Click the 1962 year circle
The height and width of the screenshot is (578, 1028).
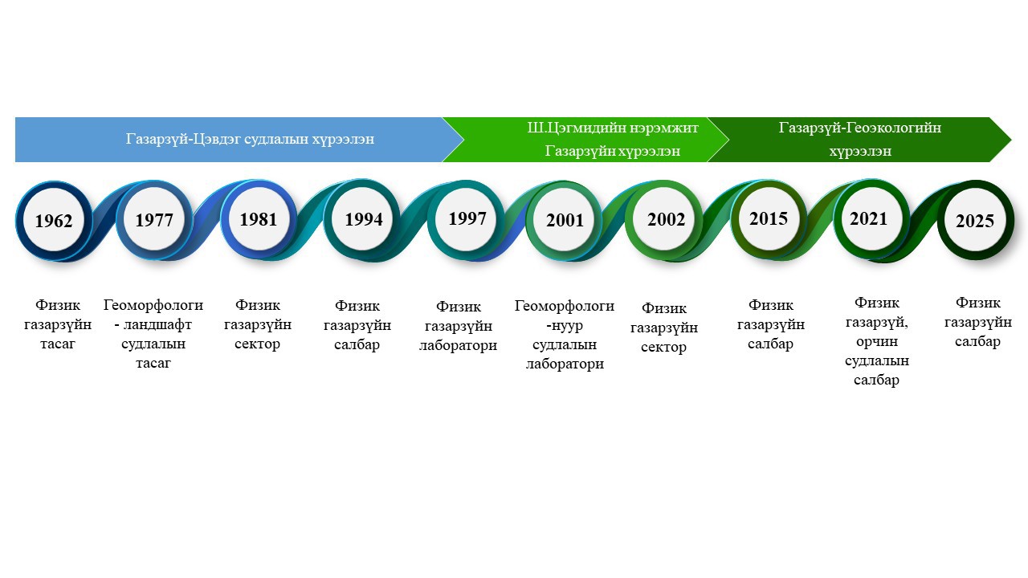click(54, 221)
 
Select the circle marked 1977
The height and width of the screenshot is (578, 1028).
click(154, 220)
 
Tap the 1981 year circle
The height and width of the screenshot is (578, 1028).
click(259, 219)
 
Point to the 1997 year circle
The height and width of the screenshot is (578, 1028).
click(467, 219)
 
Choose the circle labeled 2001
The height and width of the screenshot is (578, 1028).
click(565, 220)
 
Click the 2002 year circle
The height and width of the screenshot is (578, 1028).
click(666, 219)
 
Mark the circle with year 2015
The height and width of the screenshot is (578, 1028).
click(769, 219)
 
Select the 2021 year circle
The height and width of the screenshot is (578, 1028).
click(870, 219)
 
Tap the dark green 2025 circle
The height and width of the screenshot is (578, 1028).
click(976, 220)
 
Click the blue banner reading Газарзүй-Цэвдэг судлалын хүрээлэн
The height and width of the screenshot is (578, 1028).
click(239, 140)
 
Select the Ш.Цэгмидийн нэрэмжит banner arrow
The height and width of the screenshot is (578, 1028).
click(585, 140)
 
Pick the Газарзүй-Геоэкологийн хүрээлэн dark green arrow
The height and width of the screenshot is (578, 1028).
click(859, 140)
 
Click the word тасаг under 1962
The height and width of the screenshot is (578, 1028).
click(57, 344)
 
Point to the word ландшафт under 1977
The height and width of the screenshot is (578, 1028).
click(157, 325)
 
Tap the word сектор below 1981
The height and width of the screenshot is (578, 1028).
click(258, 344)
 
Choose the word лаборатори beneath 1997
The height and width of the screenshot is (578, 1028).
click(458, 345)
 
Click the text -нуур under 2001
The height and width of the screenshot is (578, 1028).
click(565, 325)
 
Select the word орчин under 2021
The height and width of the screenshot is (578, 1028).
click(877, 342)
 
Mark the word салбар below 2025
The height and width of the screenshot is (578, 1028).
click(977, 342)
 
